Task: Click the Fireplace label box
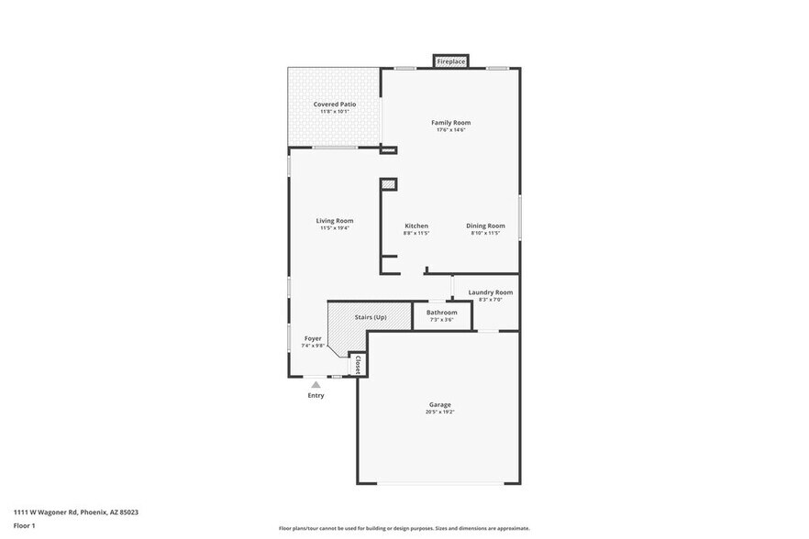450,61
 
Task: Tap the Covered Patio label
335,104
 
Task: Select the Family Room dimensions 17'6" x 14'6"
451,130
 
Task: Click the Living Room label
335,220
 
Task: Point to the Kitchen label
416,225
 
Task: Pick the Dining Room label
485,225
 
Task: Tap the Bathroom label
441,313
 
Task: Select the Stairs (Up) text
371,317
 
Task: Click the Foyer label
313,338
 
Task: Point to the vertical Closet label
358,364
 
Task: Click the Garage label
440,404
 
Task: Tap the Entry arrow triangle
316,385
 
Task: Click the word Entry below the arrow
316,395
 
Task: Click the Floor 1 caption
24,525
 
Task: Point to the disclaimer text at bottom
404,528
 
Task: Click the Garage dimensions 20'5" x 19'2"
440,412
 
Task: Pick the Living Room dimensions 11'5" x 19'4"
335,228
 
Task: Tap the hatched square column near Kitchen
389,184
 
